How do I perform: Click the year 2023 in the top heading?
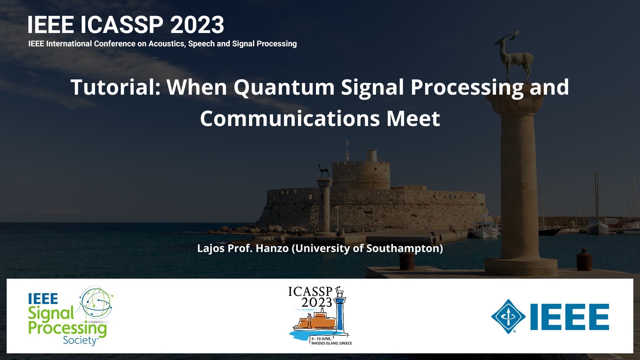[197, 25]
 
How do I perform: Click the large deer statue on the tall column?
[513, 57]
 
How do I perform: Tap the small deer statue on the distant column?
[323, 171]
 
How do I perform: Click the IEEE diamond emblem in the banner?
[508, 317]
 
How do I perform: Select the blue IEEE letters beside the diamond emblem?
[570, 317]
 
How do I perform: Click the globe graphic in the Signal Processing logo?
[97, 303]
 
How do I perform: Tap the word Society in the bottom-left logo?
[80, 340]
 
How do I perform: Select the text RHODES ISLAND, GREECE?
[332, 343]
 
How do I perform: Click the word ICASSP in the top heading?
[122, 25]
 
